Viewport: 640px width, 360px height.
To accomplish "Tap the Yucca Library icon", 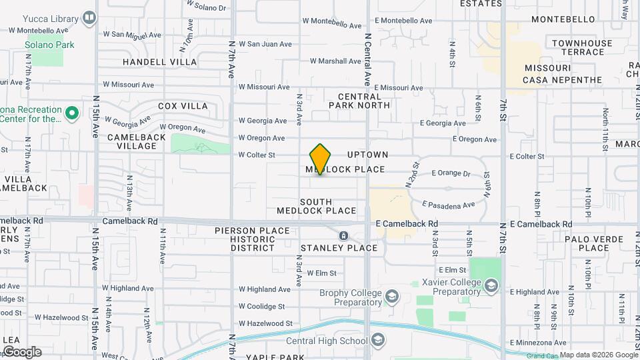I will [x=89, y=17].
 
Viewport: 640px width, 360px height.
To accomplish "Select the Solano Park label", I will [x=49, y=45].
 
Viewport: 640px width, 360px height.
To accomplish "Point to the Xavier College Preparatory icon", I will [x=491, y=285].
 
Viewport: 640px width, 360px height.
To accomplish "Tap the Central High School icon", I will [x=378, y=341].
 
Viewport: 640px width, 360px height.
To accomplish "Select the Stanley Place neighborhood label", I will [x=339, y=248].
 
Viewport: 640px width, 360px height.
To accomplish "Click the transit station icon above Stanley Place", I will [x=343, y=236].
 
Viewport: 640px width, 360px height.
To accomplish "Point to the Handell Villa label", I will [x=160, y=62].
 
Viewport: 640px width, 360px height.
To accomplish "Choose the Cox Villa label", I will [x=183, y=106].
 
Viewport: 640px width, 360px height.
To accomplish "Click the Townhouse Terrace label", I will [x=581, y=47].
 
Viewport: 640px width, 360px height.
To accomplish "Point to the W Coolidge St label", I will [x=261, y=307].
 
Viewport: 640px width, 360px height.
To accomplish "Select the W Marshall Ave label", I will [x=335, y=61].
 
